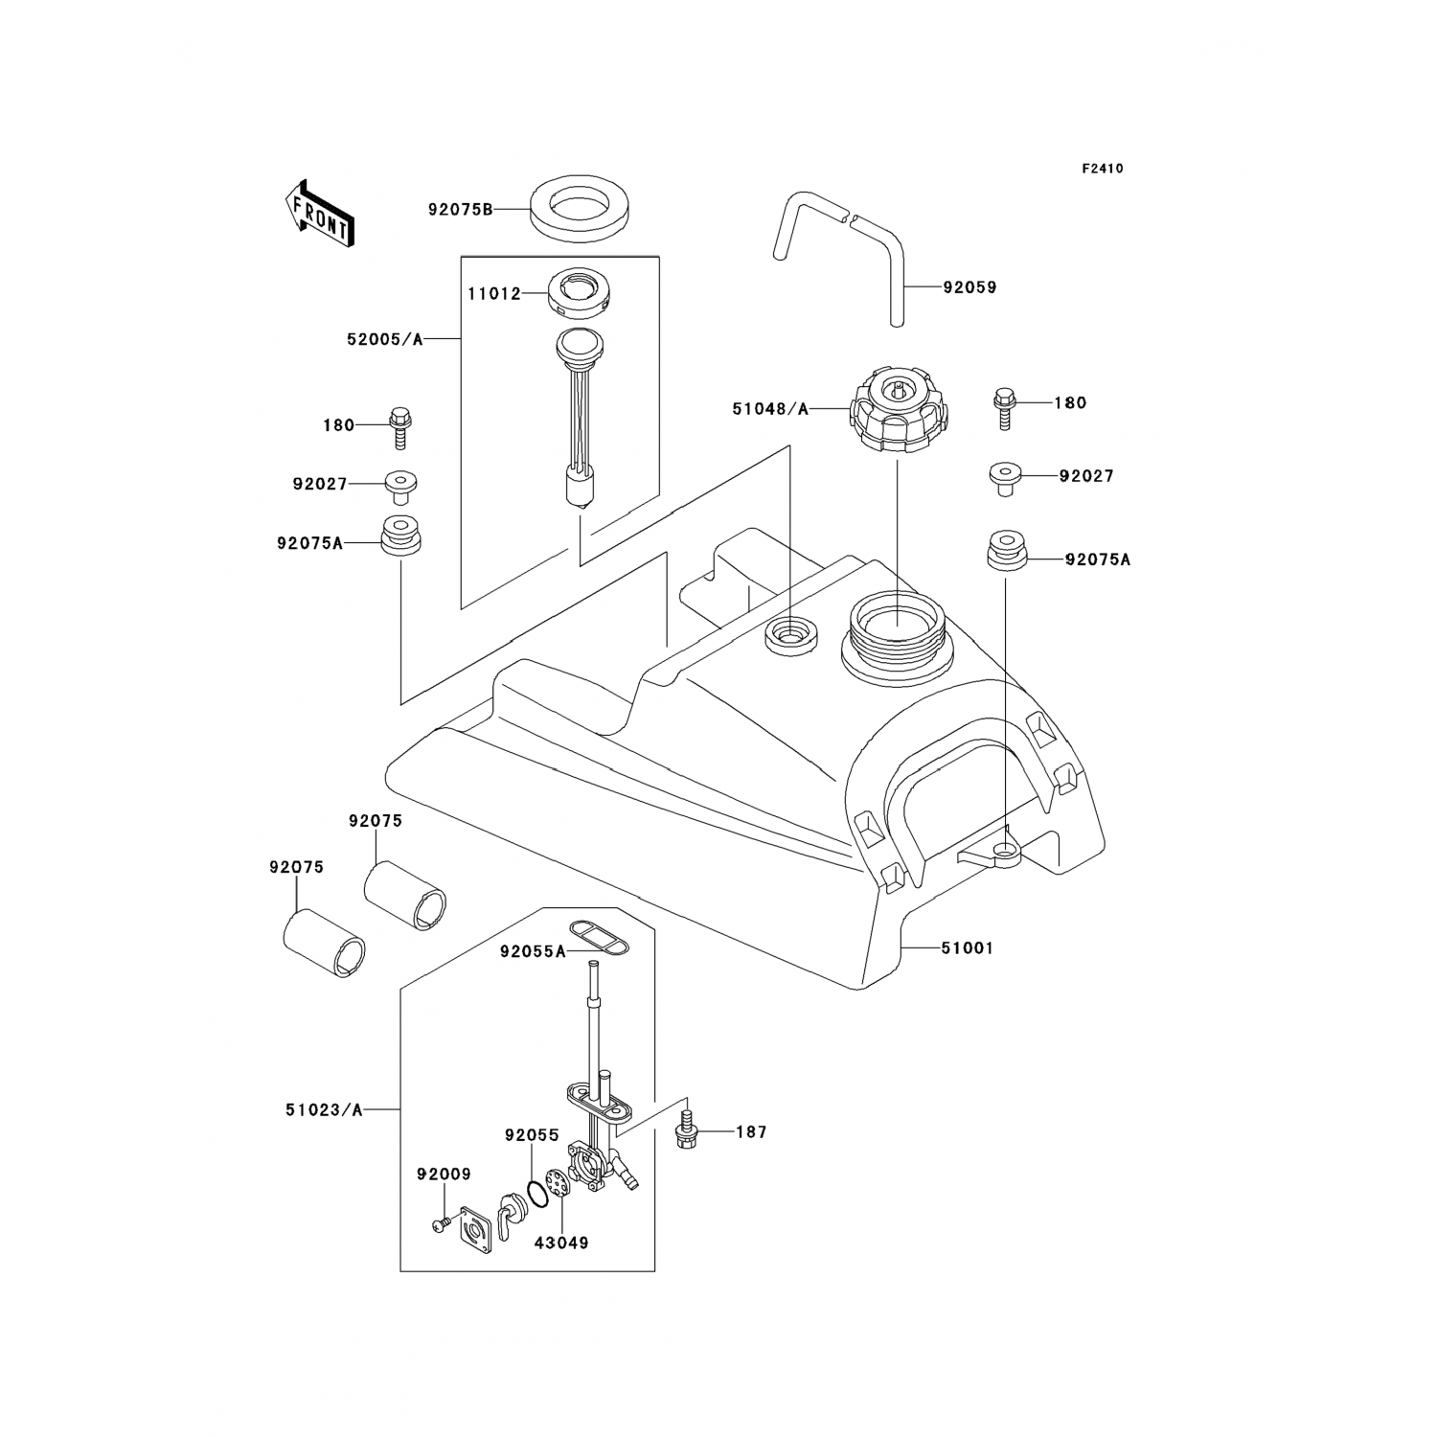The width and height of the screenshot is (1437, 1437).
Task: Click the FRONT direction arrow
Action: pos(320,213)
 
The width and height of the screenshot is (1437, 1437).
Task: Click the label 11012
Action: pos(493,294)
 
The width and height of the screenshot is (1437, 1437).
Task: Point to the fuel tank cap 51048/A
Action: pos(899,412)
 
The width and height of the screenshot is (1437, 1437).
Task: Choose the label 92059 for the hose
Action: pos(969,287)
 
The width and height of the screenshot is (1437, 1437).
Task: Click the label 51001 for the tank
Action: pos(968,948)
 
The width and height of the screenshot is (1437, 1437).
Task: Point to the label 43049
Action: pos(562,1243)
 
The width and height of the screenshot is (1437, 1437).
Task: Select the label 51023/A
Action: pos(324,1110)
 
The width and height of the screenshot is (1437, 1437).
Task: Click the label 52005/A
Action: pos(385,338)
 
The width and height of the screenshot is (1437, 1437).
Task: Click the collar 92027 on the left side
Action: pos(399,486)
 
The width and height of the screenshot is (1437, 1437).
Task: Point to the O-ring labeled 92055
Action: pos(542,1194)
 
